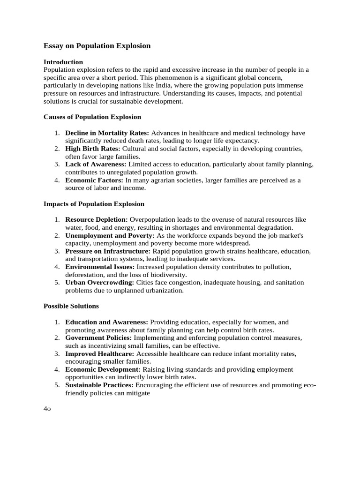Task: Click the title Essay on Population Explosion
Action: pos(97,46)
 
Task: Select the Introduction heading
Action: pos(63,62)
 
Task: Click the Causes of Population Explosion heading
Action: pos(92,117)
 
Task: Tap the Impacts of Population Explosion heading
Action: pos(94,204)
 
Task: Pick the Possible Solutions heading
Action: pos(71,306)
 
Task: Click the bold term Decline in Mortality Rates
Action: pos(107,133)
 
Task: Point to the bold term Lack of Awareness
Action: pos(96,165)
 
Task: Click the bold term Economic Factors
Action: pos(94,180)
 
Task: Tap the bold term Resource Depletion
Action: pos(97,219)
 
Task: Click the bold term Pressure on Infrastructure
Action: pos(108,251)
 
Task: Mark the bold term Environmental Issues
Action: pos(100,267)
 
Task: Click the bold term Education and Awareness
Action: pos(107,322)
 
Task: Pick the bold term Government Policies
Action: pos(99,337)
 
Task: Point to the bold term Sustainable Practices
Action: pos(99,385)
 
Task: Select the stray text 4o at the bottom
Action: pos(47,409)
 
